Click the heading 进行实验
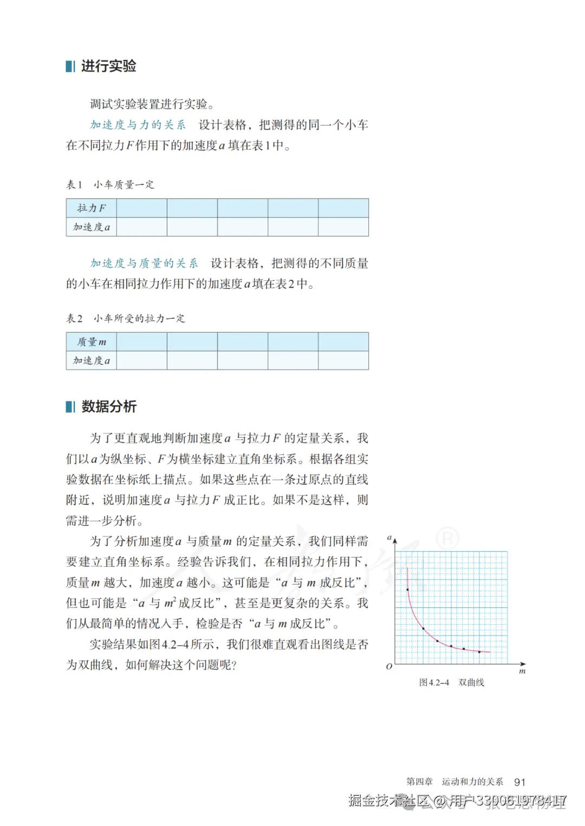108,66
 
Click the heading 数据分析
108,406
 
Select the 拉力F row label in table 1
91,208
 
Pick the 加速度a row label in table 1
91,227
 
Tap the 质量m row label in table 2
91,341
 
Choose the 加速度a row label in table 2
91,360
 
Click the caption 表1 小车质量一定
110,184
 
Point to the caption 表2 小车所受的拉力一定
125,318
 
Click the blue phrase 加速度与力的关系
138,125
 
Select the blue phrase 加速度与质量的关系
144,263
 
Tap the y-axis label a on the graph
389,537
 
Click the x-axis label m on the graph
522,671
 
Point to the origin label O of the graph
388,666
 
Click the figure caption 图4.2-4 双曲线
451,683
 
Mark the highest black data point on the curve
407,589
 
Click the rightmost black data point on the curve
479,652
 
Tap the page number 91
519,782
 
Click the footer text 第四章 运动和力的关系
454,782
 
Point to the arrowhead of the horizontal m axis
523,664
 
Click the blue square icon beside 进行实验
70,66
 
